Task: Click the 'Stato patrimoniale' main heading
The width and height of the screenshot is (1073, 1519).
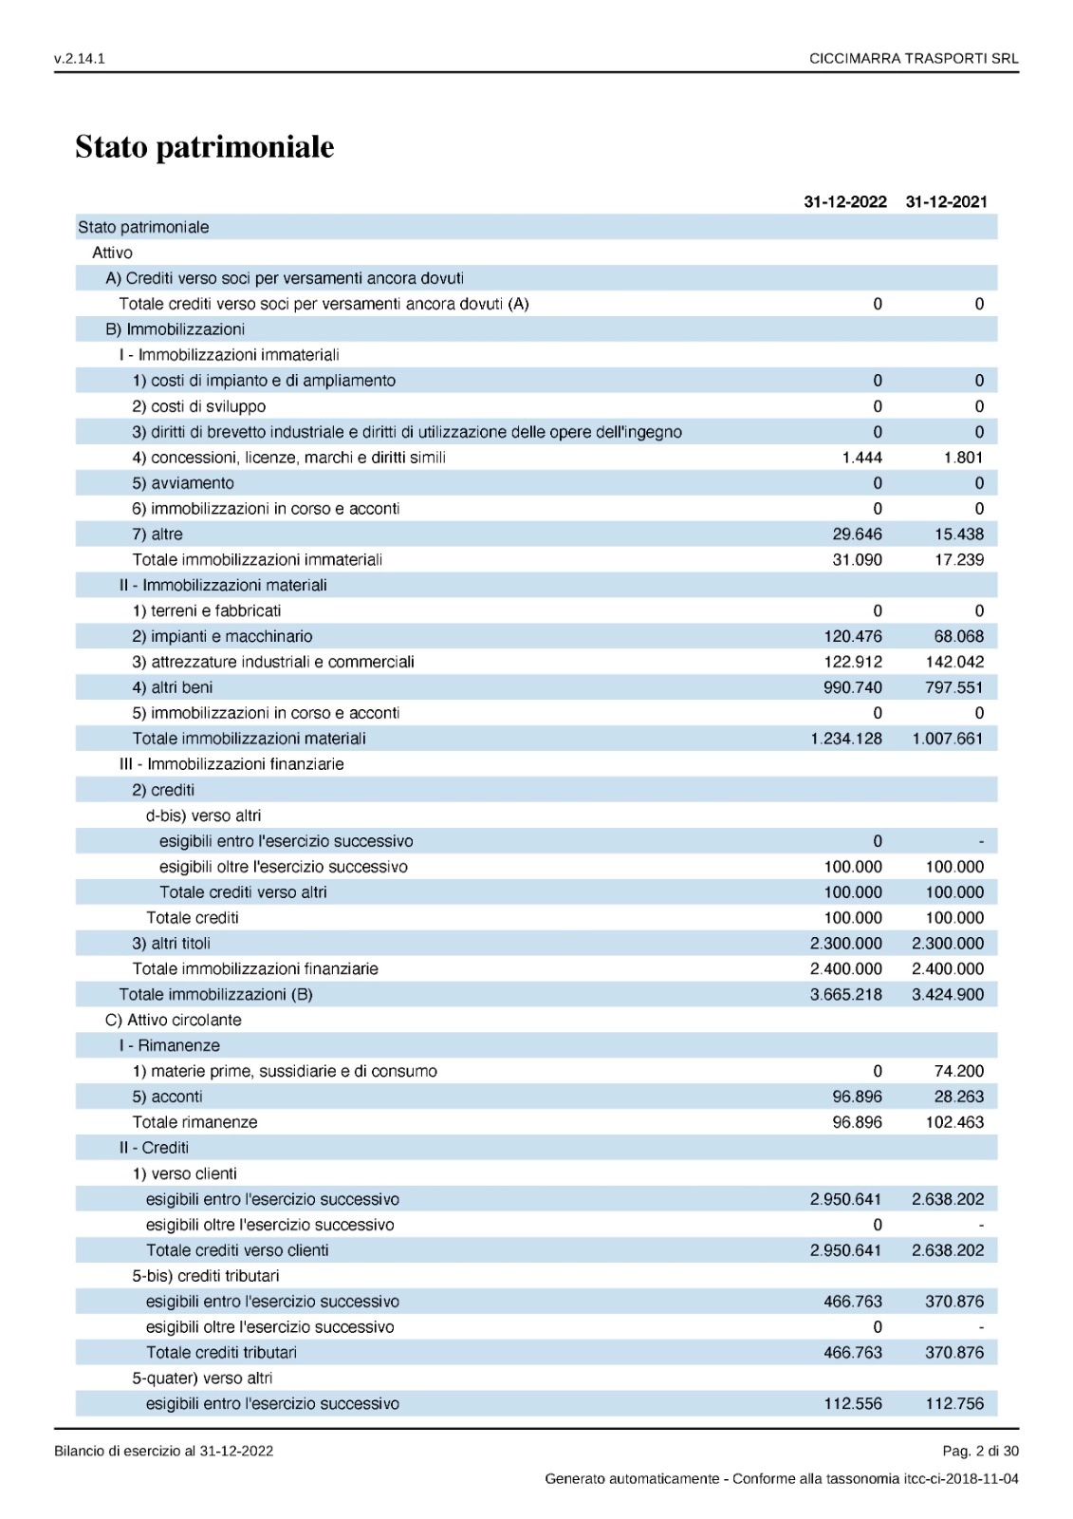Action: [x=204, y=147]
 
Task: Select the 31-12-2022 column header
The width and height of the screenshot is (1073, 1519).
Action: [x=844, y=201]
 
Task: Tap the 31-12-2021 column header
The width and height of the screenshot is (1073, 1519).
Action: [x=946, y=201]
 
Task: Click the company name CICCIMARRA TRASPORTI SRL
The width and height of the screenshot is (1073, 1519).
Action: [x=913, y=59]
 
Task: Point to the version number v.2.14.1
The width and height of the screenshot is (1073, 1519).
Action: [x=80, y=59]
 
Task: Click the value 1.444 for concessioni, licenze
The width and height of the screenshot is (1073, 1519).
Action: [x=861, y=458]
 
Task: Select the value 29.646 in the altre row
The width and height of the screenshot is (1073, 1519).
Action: [x=857, y=534]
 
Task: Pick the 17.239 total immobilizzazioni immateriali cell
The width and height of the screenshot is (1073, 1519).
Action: [x=958, y=560]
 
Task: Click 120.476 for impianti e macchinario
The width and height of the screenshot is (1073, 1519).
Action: [x=852, y=637]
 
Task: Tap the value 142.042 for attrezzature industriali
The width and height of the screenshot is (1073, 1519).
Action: [x=954, y=663]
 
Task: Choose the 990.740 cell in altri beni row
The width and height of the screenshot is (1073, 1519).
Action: [x=852, y=688]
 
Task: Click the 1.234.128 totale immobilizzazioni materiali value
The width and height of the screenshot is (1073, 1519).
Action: [x=845, y=739]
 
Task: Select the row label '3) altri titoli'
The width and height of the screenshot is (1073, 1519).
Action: [x=171, y=944]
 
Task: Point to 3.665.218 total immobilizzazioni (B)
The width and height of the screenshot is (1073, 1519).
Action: [x=845, y=995]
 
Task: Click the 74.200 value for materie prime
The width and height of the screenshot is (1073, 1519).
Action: [x=958, y=1072]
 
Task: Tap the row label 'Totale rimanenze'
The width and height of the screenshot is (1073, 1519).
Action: [x=194, y=1122]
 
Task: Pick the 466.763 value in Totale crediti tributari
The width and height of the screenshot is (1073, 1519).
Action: [x=852, y=1353]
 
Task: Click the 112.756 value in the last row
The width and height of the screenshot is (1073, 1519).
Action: [x=954, y=1404]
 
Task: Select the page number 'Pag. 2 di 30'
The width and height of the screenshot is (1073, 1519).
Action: [x=980, y=1451]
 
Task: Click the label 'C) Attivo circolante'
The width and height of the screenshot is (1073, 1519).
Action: [x=174, y=1021]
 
